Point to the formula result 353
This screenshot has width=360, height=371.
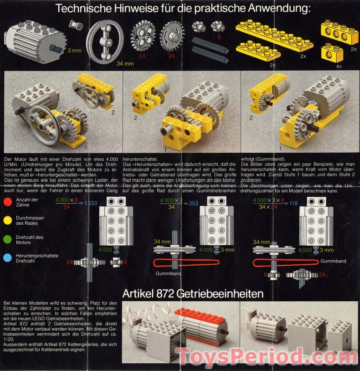pyautogui.click(x=193, y=203)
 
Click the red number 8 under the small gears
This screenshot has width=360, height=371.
pyautogui.click(x=219, y=37)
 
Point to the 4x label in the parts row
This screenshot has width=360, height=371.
pyautogui.click(x=339, y=66)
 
